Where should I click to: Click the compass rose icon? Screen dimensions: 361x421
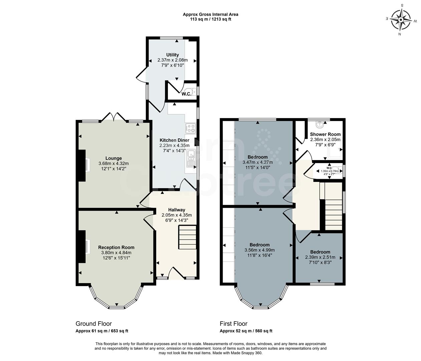click(401, 19)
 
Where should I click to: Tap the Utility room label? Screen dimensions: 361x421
click(173, 55)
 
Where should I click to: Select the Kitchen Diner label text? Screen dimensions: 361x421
click(174, 140)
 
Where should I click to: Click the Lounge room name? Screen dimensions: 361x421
click(114, 158)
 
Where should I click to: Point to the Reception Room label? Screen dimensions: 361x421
click(116, 247)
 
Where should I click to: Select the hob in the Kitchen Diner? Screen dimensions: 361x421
click(191, 128)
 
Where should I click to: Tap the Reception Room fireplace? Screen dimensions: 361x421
click(82, 247)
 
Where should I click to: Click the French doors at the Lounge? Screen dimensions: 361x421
click(114, 117)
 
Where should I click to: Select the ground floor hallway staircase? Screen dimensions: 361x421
click(187, 237)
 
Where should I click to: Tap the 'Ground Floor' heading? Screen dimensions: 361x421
click(93, 324)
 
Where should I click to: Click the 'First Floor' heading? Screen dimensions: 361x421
click(233, 324)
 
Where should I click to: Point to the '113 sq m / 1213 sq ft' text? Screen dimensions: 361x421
click(210, 19)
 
